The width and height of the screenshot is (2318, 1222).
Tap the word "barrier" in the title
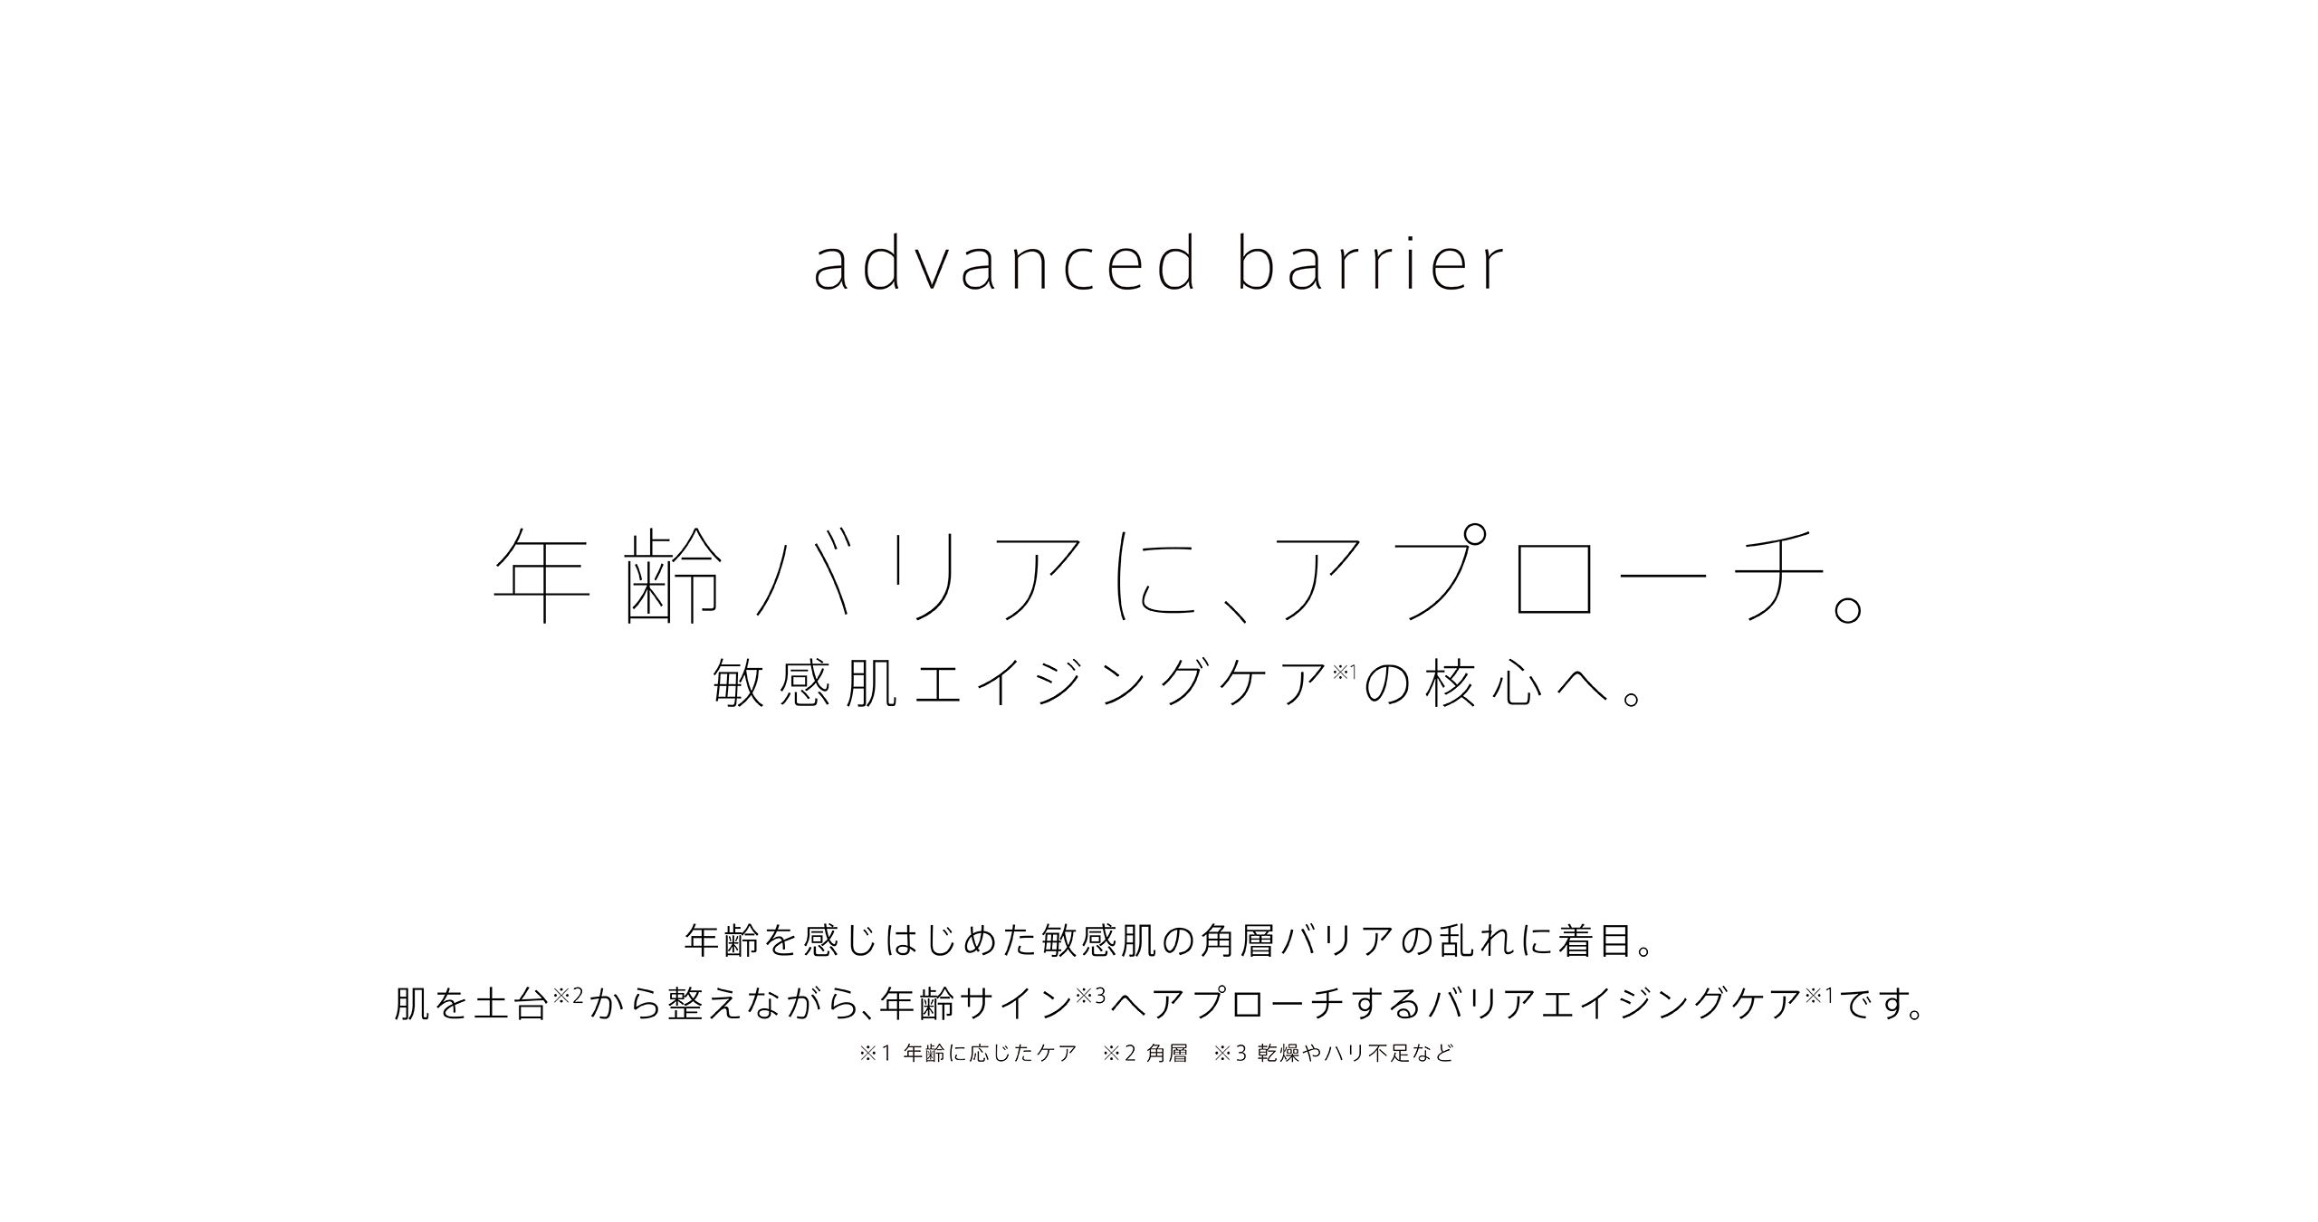tap(1370, 263)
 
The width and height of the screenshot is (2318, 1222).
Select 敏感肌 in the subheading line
tap(806, 682)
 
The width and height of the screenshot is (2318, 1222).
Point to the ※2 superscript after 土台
tap(567, 996)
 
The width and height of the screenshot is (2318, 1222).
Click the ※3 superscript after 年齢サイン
tap(1091, 996)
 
